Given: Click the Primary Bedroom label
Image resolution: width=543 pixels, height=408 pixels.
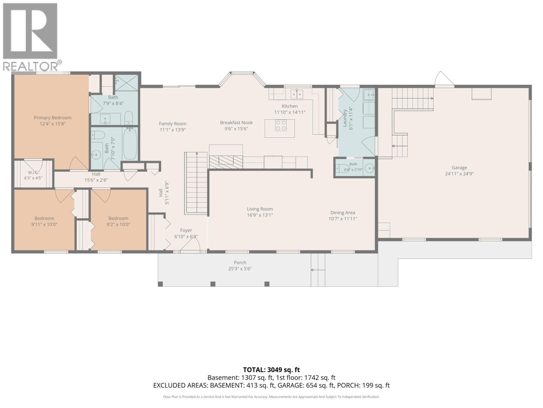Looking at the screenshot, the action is tap(53, 118).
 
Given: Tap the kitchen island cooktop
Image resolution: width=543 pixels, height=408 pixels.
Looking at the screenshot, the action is tap(281, 125).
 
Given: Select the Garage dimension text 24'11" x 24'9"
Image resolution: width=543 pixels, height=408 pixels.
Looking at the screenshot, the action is tap(459, 174).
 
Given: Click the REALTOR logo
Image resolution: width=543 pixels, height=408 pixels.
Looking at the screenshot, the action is tap(32, 37).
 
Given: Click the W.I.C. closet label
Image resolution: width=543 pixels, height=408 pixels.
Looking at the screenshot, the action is tap(33, 172).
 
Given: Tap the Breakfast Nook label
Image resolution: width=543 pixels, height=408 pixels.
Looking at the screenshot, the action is tap(236, 122).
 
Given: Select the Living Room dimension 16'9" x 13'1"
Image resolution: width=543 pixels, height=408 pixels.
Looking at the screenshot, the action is tap(260, 215).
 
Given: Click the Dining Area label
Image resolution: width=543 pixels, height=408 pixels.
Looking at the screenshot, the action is tap(343, 213).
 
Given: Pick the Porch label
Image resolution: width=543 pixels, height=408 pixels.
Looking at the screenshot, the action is tap(240, 262).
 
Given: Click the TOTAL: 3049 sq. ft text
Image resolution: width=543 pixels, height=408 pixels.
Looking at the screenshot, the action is tap(271, 370).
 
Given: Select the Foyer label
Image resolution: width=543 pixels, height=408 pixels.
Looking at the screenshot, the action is tap(186, 231).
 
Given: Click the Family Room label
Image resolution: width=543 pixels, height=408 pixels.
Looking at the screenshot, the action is tap(172, 124).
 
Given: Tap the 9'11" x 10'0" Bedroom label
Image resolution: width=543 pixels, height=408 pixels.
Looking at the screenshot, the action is tap(44, 218).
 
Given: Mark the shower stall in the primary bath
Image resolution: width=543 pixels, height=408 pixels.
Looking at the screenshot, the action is tap(126, 83).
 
